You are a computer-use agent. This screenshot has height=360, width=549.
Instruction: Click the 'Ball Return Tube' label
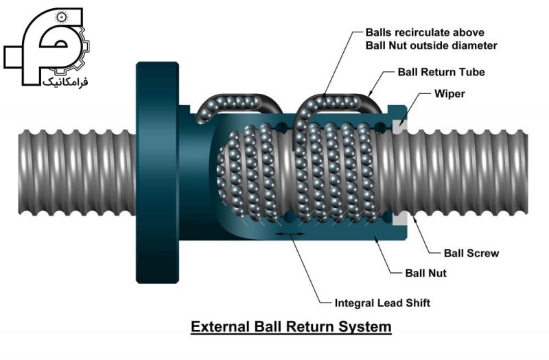pyautogui.click(x=441, y=72)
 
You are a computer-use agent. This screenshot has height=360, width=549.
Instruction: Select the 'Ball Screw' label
pyautogui.click(x=471, y=253)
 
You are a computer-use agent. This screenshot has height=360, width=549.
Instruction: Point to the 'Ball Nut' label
pyautogui.click(x=425, y=273)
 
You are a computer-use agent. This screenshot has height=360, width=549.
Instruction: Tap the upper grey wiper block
pyautogui.click(x=400, y=126)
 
